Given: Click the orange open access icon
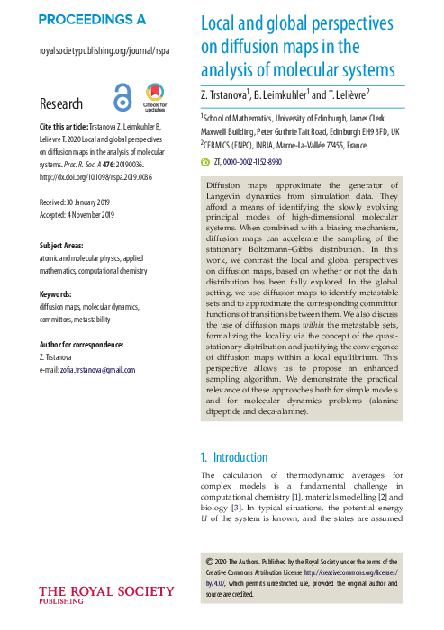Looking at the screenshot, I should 122,97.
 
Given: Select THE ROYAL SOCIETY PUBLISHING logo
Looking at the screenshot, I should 107,594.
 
